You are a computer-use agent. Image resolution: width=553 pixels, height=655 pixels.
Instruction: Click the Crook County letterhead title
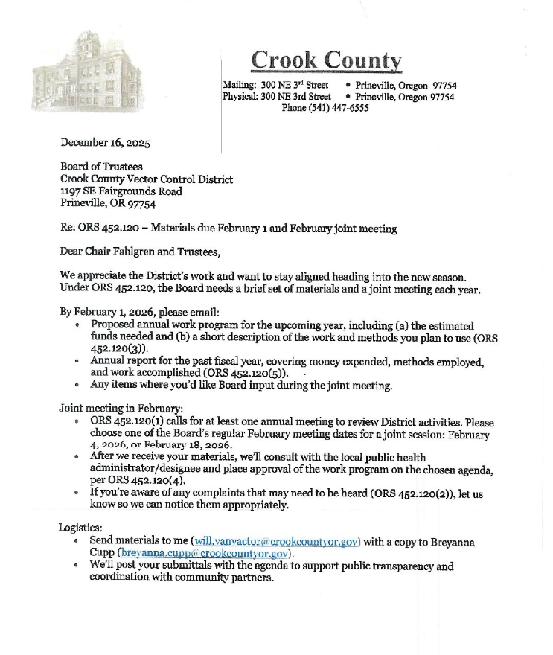(x=326, y=60)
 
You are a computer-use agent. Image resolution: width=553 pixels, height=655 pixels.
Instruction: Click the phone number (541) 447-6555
(x=325, y=108)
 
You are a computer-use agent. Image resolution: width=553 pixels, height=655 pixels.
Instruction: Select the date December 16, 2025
(x=105, y=143)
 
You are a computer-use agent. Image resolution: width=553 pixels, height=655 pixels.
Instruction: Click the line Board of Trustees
(x=101, y=167)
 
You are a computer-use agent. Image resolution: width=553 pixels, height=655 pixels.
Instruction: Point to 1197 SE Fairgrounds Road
(x=121, y=191)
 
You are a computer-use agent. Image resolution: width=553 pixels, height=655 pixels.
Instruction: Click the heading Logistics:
(x=80, y=527)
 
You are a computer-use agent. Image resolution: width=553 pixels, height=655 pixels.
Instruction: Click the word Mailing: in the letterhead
(x=240, y=86)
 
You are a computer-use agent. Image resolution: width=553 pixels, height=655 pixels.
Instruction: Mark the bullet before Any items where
(x=80, y=386)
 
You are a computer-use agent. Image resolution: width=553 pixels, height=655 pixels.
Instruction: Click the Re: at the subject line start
(x=69, y=227)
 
